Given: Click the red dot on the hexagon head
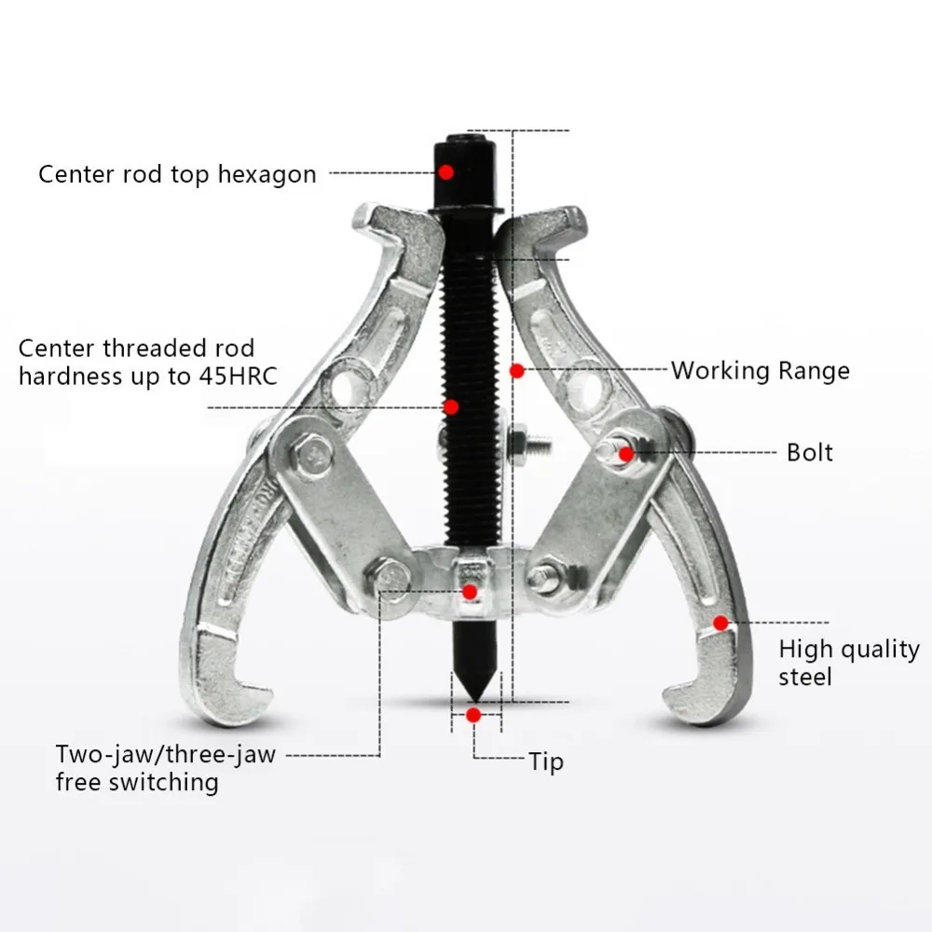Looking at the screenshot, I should (446, 172).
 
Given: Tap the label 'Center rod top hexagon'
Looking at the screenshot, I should (177, 174).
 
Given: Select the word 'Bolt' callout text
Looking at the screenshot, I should (809, 453).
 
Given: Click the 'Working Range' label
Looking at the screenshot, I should (760, 371).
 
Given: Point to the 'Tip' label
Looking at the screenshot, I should (546, 761).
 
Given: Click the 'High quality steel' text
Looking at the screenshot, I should (848, 662).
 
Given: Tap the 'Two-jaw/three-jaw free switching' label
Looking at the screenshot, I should (165, 767).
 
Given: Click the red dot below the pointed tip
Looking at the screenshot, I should (473, 715).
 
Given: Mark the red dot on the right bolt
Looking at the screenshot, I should (626, 454).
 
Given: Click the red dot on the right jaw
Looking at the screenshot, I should (720, 622).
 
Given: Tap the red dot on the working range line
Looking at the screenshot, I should (517, 371).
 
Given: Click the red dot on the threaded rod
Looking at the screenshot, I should (451, 406).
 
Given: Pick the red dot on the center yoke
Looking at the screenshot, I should (470, 592).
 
